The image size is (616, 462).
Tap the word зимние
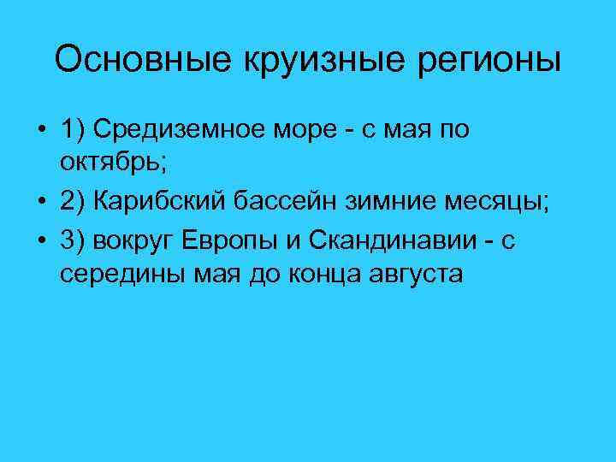401,201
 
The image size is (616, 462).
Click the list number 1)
72,129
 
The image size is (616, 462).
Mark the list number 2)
72,201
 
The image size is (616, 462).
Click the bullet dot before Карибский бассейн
41,201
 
